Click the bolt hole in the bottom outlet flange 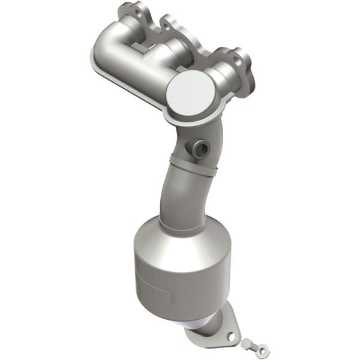tap(232, 329)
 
